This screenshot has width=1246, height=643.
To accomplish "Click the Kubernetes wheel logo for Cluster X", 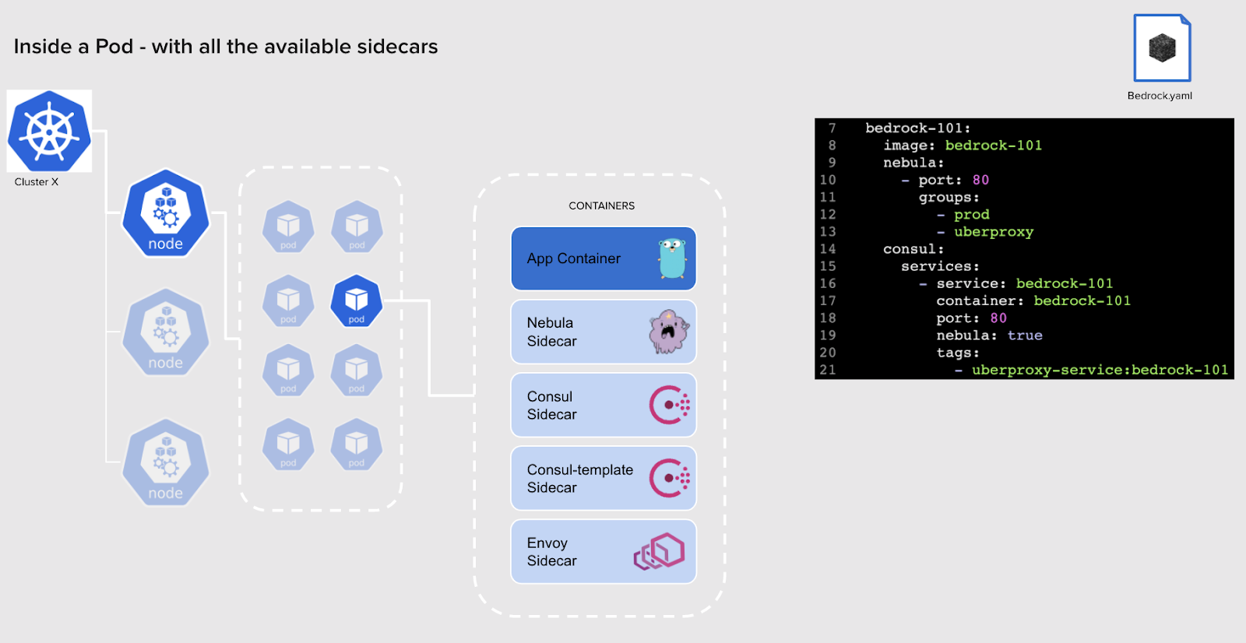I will coord(49,131).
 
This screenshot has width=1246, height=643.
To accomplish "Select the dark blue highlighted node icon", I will coord(166,213).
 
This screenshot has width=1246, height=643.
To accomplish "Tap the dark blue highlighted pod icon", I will coord(357,300).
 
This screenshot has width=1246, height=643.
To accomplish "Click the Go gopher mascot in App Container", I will coord(671,258).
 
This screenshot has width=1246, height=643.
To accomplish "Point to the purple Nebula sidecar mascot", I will coord(668,332).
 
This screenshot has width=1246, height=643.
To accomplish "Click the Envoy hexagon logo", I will coord(659,551).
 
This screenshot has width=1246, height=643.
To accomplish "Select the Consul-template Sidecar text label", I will coord(579,478).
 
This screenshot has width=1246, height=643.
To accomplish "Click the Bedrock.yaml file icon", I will coord(1161,48).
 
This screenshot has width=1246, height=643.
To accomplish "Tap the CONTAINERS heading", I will coord(601,206).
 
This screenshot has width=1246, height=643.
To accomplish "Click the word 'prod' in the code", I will coord(971,214).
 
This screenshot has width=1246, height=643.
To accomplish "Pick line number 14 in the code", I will coord(827,249).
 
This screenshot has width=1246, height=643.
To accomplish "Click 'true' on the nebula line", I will coord(1024,336).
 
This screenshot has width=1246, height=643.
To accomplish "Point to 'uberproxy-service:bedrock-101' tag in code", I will coord(1099,370).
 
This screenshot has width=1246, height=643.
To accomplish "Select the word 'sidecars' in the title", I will coord(397,47).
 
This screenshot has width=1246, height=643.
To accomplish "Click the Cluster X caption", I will coord(36,182).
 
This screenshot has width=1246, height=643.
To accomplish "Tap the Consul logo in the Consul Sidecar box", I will coord(669,405).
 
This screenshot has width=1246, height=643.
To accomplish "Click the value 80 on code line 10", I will coord(980,180).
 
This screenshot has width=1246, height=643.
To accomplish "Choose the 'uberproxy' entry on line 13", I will coord(993,232).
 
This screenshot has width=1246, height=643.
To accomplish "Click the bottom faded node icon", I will coord(166,463).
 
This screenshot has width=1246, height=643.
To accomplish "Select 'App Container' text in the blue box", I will coord(573,258).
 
